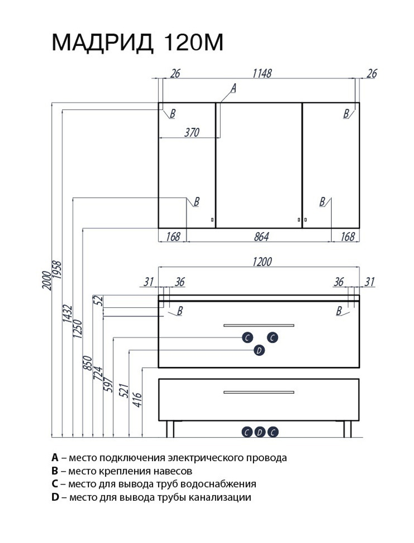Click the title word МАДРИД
[x=103, y=43]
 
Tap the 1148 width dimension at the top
[x=262, y=73]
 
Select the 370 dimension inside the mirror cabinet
[x=192, y=132]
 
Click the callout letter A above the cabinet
[x=233, y=88]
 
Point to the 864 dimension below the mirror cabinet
[x=261, y=237]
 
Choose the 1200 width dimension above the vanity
[x=262, y=262]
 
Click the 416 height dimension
[x=138, y=400]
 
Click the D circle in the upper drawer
[x=259, y=351]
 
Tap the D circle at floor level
[x=259, y=432]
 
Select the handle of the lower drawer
[x=259, y=392]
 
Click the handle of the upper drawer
[x=259, y=325]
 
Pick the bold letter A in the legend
[x=55, y=458]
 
